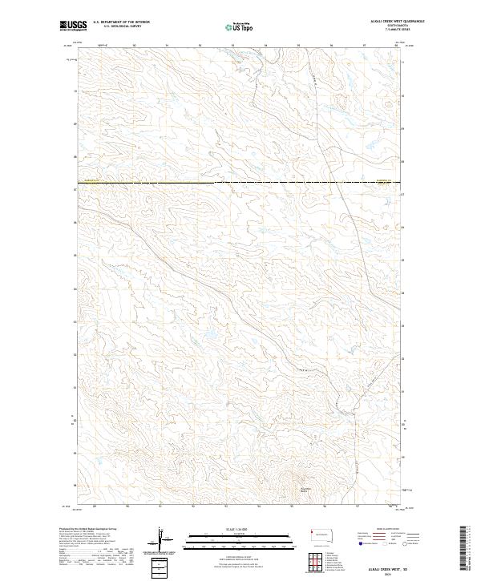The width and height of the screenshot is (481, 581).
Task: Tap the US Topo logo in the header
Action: point(240,26)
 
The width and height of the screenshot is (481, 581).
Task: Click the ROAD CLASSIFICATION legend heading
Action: point(383,529)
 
